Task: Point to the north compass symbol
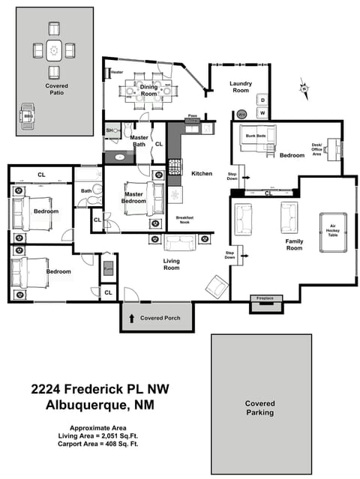(x=304, y=88)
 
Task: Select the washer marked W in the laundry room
(x=263, y=113)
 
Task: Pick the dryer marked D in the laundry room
(x=263, y=100)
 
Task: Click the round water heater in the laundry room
(x=241, y=115)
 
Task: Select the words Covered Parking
(x=260, y=408)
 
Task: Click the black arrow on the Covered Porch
(x=132, y=319)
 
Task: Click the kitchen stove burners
(x=174, y=165)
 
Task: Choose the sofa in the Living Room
(x=180, y=242)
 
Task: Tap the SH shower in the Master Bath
(x=109, y=130)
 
